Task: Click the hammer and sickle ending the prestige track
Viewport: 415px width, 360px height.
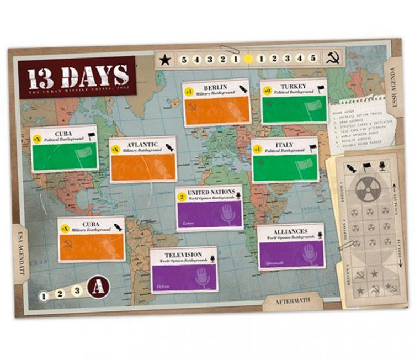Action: [332, 57]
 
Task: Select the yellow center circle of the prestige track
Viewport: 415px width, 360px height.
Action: [248, 58]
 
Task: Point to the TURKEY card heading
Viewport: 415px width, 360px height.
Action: [292, 87]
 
